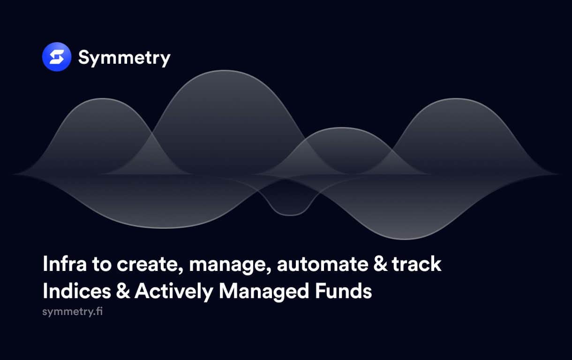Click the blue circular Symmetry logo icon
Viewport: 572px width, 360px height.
pos(57,57)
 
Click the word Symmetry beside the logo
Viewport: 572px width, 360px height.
pos(124,58)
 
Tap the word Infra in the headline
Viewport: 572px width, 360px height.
pos(65,264)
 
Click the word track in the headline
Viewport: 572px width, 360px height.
pos(417,264)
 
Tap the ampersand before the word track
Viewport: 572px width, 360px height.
pos(380,264)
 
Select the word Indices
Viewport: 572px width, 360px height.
pos(77,291)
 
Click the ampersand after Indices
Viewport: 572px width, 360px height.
pos(123,291)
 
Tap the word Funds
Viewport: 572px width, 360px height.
pos(344,291)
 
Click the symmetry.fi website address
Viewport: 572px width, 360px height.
pos(73,312)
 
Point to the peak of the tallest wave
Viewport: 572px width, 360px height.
pos(224,70)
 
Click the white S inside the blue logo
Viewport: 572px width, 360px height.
pos(57,57)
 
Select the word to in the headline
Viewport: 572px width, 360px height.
pos(102,264)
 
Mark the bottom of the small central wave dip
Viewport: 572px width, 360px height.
pos(290,216)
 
